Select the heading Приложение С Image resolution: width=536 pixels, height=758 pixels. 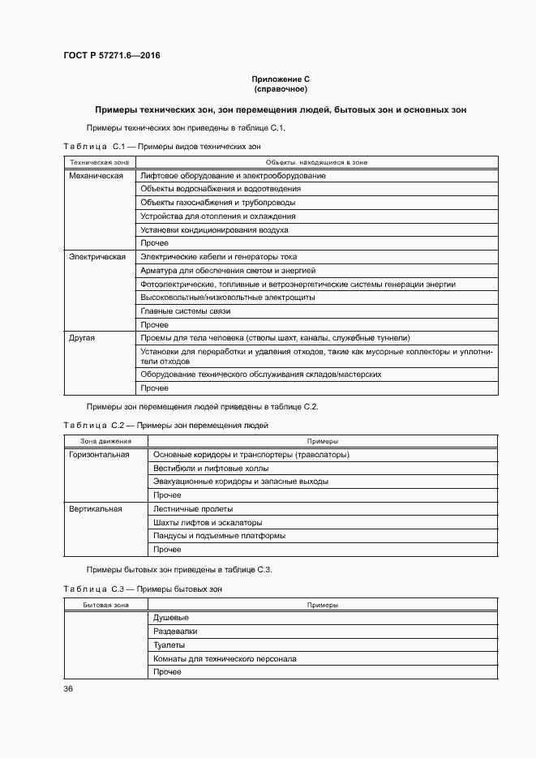(x=281, y=79)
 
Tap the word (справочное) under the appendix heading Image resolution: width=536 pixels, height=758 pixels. (x=281, y=88)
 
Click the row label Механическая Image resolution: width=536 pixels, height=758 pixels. (x=96, y=175)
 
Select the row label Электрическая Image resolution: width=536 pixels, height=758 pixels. (x=97, y=256)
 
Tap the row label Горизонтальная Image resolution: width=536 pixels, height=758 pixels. (x=100, y=455)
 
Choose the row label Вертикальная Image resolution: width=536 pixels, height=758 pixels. (x=96, y=508)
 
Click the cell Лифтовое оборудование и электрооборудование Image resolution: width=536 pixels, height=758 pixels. (x=233, y=175)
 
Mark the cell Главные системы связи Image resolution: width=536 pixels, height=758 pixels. (x=186, y=310)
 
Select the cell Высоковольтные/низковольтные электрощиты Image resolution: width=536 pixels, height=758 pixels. (x=228, y=298)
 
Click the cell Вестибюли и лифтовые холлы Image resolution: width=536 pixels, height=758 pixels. (x=211, y=468)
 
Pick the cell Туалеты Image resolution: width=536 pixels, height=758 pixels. (x=169, y=645)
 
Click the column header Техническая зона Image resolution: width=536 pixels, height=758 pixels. (x=94, y=162)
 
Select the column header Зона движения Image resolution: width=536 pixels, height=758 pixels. (x=100, y=441)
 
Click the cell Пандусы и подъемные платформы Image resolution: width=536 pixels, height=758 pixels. (x=219, y=536)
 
